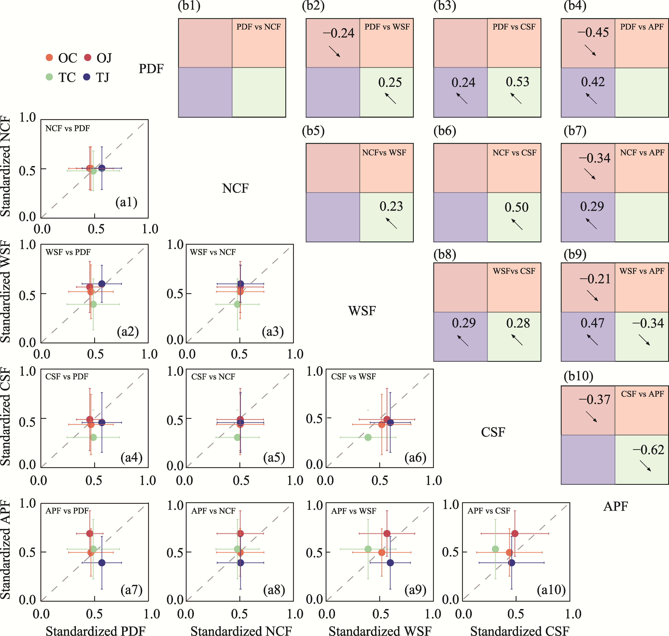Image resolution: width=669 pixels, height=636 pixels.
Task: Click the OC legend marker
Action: (x=49, y=58)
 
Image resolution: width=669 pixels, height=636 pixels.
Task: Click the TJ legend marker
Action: (x=87, y=77)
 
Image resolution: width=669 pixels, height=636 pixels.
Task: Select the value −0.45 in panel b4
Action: (x=593, y=33)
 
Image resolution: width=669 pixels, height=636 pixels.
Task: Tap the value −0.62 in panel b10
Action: (x=648, y=450)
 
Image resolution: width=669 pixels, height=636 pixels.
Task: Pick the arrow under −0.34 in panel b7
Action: (x=590, y=174)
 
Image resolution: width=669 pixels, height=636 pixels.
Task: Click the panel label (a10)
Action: (x=551, y=590)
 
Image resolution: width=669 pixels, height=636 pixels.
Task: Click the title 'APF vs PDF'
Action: (x=67, y=511)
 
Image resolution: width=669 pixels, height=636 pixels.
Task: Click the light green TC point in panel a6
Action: (x=368, y=437)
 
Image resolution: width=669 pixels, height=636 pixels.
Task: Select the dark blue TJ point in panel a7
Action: (x=102, y=563)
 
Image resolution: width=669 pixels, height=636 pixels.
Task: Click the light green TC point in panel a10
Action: (x=495, y=549)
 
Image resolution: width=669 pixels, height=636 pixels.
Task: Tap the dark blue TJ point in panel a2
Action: (x=102, y=284)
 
